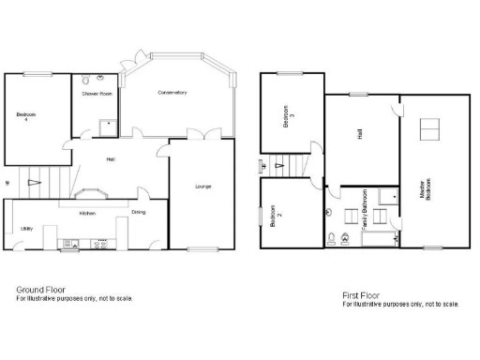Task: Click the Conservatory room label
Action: click(172, 92)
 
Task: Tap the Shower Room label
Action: click(97, 95)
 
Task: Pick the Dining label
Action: click(138, 213)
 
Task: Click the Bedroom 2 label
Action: click(276, 218)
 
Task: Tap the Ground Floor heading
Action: click(38, 290)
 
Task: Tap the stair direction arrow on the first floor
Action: click(278, 166)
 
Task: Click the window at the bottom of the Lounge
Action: click(202, 248)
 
